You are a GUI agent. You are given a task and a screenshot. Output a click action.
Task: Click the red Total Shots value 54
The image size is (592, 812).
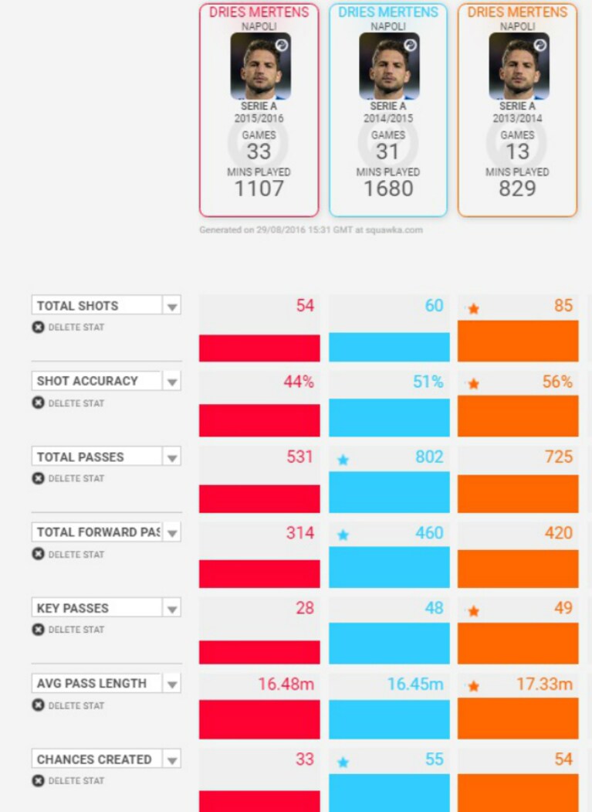coord(305,305)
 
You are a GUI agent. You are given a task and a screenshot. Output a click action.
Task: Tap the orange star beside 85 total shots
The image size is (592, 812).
coord(473,309)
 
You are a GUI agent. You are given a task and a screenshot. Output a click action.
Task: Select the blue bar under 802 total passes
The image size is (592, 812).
coord(389,492)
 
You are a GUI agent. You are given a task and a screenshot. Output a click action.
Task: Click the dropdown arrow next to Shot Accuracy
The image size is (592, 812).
coord(172,382)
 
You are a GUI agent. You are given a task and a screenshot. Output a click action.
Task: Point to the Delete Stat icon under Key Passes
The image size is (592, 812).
coord(39,629)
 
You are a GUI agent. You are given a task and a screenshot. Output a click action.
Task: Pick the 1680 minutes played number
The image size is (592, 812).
coord(388,189)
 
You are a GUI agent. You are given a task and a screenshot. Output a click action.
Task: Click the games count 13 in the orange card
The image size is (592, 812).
coord(517,151)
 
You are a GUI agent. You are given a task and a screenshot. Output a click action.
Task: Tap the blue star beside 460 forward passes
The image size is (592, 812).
coord(343,535)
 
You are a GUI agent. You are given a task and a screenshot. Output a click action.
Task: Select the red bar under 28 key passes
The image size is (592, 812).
coord(259,652)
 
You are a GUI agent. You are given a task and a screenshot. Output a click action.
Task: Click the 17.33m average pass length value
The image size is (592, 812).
coord(544,684)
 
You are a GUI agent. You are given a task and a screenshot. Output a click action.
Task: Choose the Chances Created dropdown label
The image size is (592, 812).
coord(94,759)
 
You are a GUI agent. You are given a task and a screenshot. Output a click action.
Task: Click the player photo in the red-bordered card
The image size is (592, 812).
coord(260,66)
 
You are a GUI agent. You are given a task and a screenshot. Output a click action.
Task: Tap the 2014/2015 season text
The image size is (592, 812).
coord(388,118)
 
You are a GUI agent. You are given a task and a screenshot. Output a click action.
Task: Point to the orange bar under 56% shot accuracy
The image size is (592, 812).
coord(518,416)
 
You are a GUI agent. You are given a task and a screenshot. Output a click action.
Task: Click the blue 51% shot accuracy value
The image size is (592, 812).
coord(428,382)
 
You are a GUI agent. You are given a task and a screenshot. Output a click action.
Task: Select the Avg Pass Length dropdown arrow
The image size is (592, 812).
coord(172,685)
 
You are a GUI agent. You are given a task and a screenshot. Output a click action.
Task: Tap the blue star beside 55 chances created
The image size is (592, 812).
coord(343,763)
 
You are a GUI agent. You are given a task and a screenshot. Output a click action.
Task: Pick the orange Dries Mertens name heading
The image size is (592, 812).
coord(517,12)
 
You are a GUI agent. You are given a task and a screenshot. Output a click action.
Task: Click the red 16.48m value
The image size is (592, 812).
coord(286,684)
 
